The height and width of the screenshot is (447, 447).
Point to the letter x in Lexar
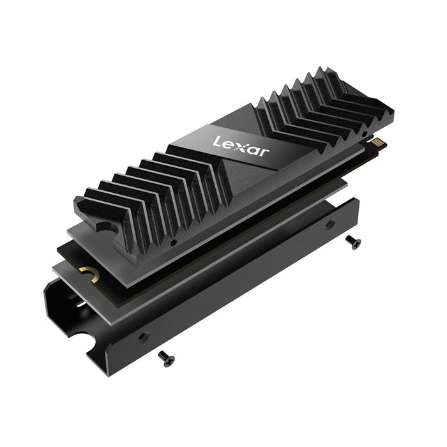pos(240,144)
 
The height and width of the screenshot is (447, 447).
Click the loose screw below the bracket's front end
pos(165,360)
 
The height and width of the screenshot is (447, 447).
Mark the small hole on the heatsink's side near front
pos(174,243)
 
